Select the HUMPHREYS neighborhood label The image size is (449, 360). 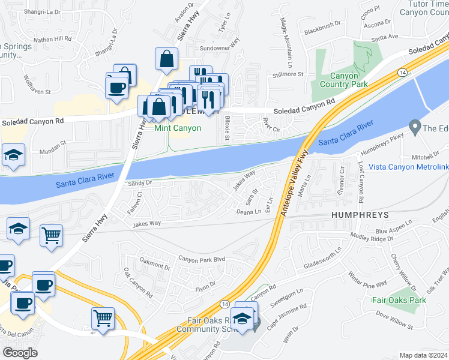pos(358,214)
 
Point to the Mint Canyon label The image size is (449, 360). pos(178,128)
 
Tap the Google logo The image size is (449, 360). pos(20,353)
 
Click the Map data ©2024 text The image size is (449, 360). pos(424,355)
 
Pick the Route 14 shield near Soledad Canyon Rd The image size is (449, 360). pos(400,73)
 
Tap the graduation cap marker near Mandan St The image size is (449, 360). pos(13,155)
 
